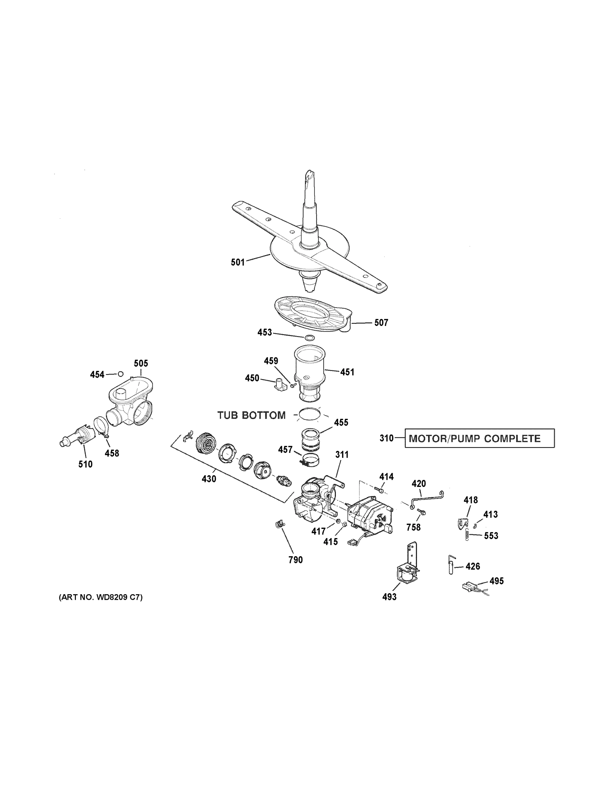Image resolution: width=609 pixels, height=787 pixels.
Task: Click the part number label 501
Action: (x=238, y=262)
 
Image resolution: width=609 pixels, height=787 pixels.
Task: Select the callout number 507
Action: (x=381, y=323)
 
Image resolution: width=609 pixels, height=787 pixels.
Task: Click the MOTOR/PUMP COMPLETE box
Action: (x=479, y=438)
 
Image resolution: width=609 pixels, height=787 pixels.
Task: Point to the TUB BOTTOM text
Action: (x=251, y=415)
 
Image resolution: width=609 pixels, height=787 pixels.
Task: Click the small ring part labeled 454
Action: (x=121, y=373)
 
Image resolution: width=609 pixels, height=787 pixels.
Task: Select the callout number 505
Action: (x=141, y=363)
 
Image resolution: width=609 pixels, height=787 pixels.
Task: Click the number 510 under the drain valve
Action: (x=85, y=464)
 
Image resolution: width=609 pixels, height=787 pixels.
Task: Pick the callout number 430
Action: (x=209, y=479)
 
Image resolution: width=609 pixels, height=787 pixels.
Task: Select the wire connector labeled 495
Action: (x=468, y=587)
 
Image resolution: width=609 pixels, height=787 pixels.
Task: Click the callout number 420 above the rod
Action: (x=419, y=484)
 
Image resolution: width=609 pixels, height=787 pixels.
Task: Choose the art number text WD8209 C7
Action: (x=101, y=597)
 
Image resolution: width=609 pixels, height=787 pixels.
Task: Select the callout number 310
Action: (x=386, y=438)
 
